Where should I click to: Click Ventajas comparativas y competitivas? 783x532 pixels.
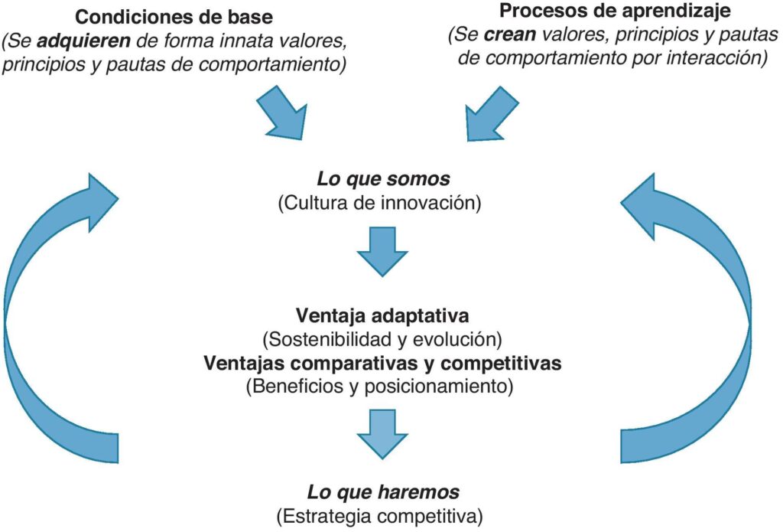[382, 363]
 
